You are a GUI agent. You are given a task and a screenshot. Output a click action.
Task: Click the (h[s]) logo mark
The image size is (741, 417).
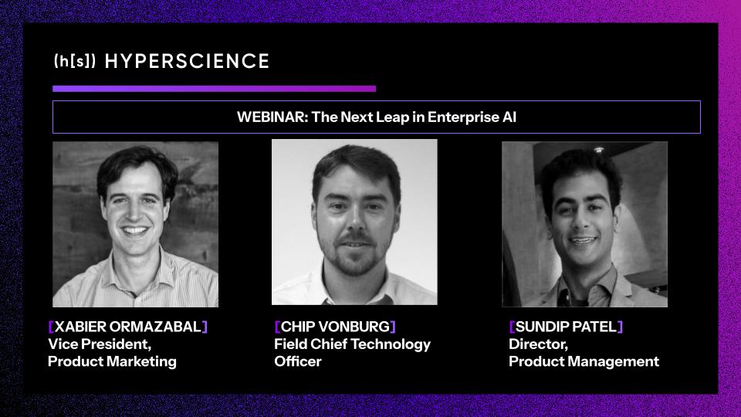[x=75, y=62]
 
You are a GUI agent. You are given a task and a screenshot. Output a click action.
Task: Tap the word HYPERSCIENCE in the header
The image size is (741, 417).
[x=187, y=62]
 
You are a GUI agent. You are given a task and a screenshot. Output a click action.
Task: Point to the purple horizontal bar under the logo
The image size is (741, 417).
[x=214, y=89]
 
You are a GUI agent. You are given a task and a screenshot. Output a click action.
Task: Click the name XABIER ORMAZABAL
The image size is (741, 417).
[x=128, y=327]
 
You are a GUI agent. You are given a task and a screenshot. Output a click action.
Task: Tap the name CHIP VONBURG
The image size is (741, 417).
[x=335, y=327]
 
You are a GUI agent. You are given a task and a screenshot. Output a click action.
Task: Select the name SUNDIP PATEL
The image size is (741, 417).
[x=566, y=327]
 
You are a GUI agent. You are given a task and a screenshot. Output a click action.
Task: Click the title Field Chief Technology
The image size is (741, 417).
[x=352, y=344]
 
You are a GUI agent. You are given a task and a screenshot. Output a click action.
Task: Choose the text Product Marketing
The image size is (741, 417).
[x=112, y=361]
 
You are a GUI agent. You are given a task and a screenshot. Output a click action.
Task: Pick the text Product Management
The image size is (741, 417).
[x=584, y=361]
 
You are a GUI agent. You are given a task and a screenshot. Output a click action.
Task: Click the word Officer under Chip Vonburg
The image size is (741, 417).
[x=297, y=361]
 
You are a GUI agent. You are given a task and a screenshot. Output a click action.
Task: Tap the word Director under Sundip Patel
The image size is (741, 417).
[x=538, y=344]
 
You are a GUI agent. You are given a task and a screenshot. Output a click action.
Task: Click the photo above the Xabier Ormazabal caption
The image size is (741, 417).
[x=135, y=224]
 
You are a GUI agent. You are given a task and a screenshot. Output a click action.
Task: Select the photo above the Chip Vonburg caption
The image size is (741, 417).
[x=354, y=222]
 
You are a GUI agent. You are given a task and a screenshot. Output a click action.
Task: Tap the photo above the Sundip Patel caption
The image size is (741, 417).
[x=584, y=224]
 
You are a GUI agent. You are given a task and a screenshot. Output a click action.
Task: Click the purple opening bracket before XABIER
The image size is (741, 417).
[x=51, y=327]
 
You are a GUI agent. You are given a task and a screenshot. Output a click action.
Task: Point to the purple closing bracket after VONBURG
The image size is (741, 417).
[x=393, y=327]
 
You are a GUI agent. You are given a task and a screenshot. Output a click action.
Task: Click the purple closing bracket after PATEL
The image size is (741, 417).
[x=620, y=327]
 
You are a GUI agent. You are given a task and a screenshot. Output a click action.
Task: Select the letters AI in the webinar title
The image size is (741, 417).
[x=509, y=117]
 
